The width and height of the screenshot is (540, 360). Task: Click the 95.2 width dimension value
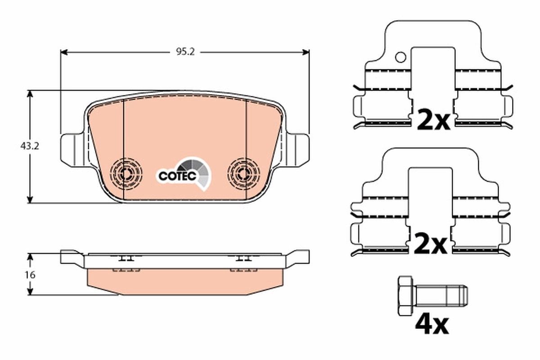pos(184,52)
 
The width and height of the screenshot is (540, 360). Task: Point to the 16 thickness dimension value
pos(30,274)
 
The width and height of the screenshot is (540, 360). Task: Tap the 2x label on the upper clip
pos(433,119)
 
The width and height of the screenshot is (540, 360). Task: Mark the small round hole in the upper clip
pos(400,57)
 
